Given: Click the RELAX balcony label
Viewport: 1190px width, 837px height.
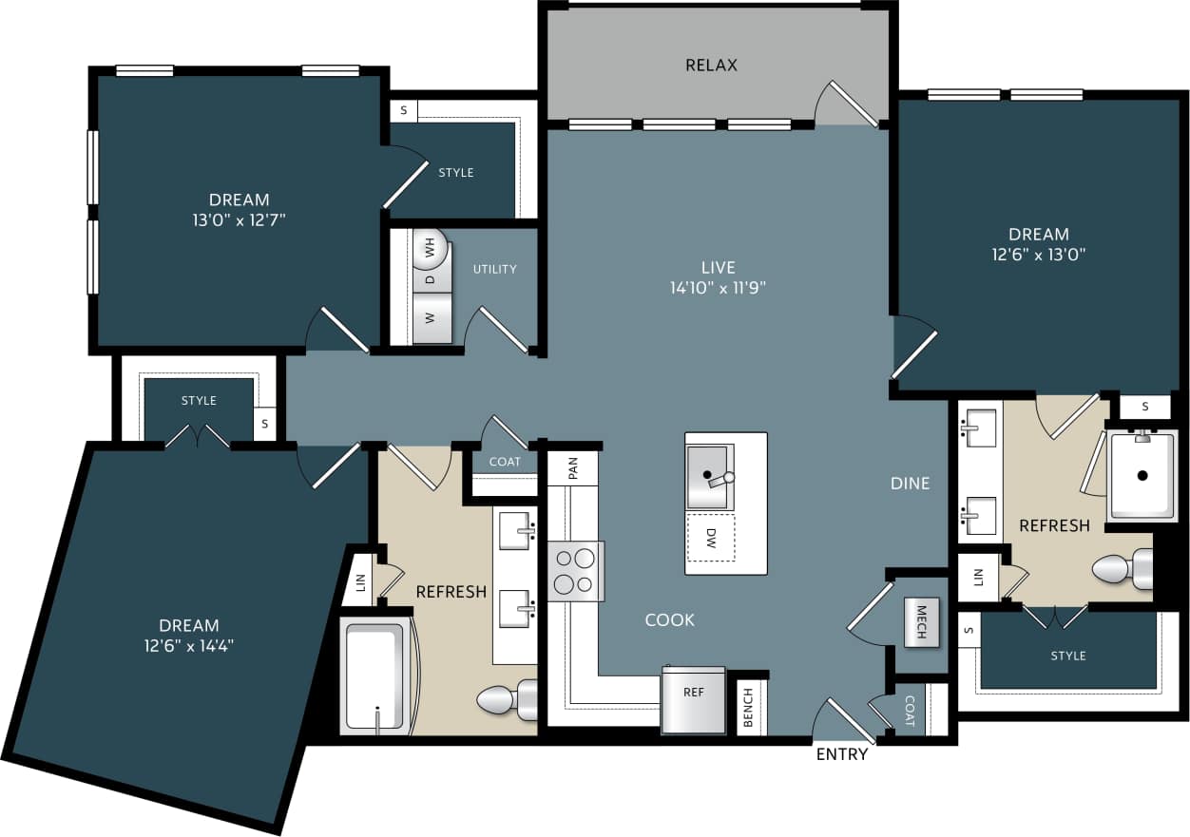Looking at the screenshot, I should click(711, 66).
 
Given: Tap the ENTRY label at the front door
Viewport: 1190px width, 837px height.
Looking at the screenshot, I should click(842, 754).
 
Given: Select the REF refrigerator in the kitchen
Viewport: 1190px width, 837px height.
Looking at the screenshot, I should click(694, 700).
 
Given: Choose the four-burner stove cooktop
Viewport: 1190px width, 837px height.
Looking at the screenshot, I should click(576, 571).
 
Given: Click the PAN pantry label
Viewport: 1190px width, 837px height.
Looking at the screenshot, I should click(574, 468).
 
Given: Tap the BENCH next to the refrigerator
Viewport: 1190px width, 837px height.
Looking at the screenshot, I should click(749, 708).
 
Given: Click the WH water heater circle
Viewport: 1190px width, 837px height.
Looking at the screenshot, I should click(432, 250).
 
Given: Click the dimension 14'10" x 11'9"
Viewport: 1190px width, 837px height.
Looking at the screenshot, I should click(718, 288).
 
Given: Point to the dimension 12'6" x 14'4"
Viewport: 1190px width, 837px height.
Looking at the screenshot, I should click(189, 646).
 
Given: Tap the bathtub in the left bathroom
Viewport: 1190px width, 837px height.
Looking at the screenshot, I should click(374, 675).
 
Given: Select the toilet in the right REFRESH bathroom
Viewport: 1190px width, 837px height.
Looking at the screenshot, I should click(1123, 570).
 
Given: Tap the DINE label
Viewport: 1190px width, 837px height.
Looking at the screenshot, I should click(910, 484).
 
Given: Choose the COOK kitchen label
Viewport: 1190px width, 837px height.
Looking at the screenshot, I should click(670, 619).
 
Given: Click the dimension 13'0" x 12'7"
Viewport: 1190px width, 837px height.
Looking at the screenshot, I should click(240, 220).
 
